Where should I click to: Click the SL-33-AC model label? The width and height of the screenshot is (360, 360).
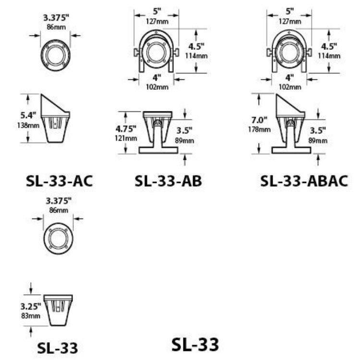pyautogui.click(x=59, y=181)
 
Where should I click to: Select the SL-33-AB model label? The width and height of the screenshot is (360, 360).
pyautogui.click(x=168, y=181)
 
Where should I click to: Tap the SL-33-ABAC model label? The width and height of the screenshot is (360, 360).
pyautogui.click(x=304, y=181)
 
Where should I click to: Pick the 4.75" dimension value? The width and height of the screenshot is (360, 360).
pyautogui.click(x=126, y=128)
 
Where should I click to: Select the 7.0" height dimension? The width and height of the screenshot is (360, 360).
pyautogui.click(x=258, y=120)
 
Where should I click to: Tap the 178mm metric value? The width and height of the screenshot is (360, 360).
pyautogui.click(x=258, y=129)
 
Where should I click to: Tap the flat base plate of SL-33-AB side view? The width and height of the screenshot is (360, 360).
pyautogui.click(x=158, y=150)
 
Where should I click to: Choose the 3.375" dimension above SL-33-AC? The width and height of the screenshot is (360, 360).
pyautogui.click(x=56, y=18)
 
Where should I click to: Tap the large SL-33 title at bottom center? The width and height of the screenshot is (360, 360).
pyautogui.click(x=195, y=344)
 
